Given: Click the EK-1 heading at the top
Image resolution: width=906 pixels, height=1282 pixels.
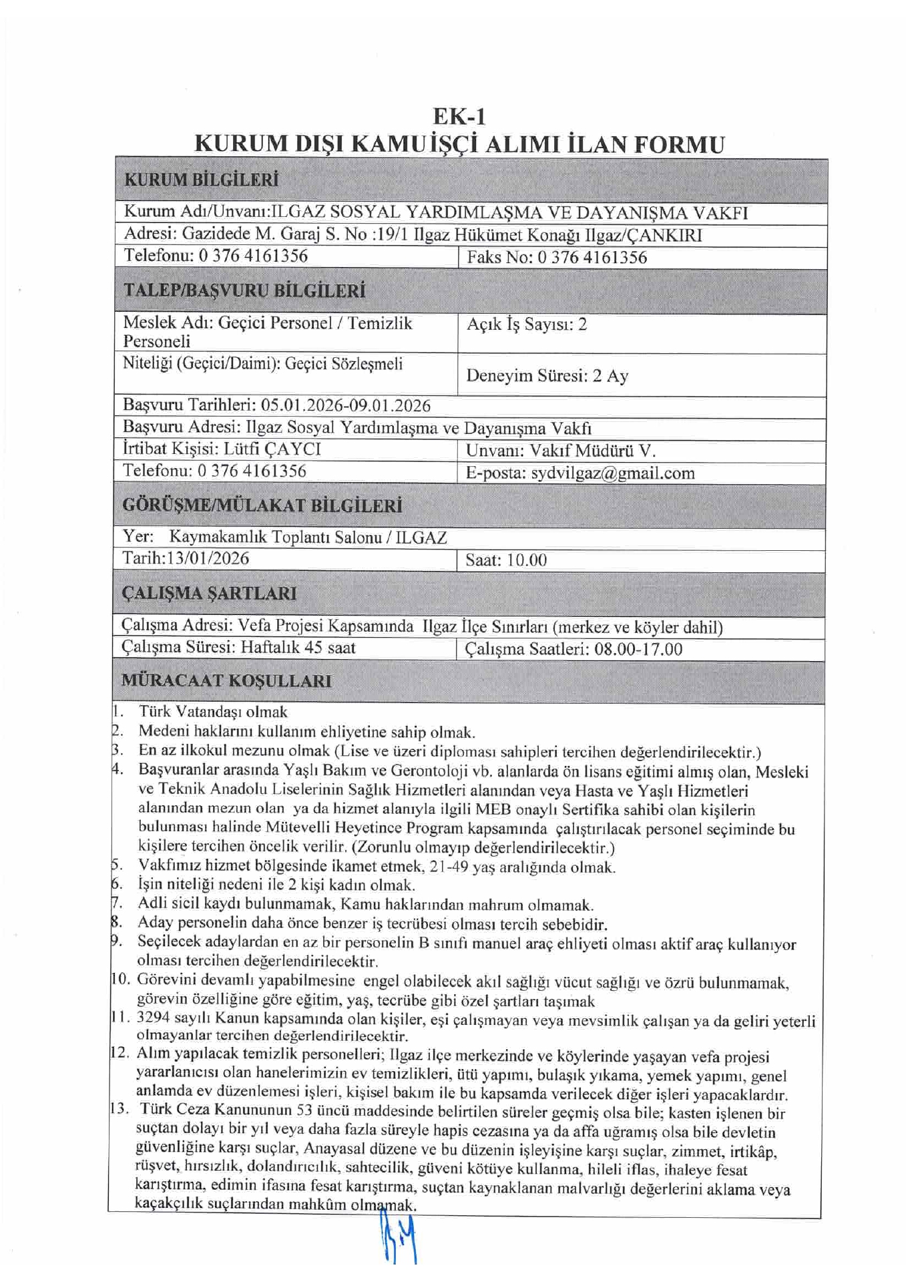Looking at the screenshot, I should tap(459, 117).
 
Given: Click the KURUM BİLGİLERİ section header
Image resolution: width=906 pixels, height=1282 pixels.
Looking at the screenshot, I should tap(201, 180).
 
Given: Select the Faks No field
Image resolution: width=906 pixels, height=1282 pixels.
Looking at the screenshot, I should tap(557, 258).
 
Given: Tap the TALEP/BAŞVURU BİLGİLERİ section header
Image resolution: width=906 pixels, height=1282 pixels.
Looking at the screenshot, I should tap(244, 291).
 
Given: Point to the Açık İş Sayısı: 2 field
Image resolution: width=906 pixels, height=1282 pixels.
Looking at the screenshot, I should tap(527, 325).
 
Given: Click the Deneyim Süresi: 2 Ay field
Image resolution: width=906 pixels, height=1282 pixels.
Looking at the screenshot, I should tap(547, 376).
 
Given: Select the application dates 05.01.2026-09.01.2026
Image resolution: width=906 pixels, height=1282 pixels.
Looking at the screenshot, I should tap(345, 406).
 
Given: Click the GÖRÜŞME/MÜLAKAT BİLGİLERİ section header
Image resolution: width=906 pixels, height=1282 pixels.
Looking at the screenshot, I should tap(262, 505).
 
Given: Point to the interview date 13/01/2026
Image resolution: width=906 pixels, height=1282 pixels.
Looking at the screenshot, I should tap(208, 558).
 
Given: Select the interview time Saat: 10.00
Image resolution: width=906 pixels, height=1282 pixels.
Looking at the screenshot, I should tap(506, 560).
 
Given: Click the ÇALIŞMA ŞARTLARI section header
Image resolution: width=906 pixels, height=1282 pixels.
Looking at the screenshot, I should tap(209, 594).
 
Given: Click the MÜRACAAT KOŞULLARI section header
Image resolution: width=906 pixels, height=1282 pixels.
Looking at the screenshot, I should tap(226, 681).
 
